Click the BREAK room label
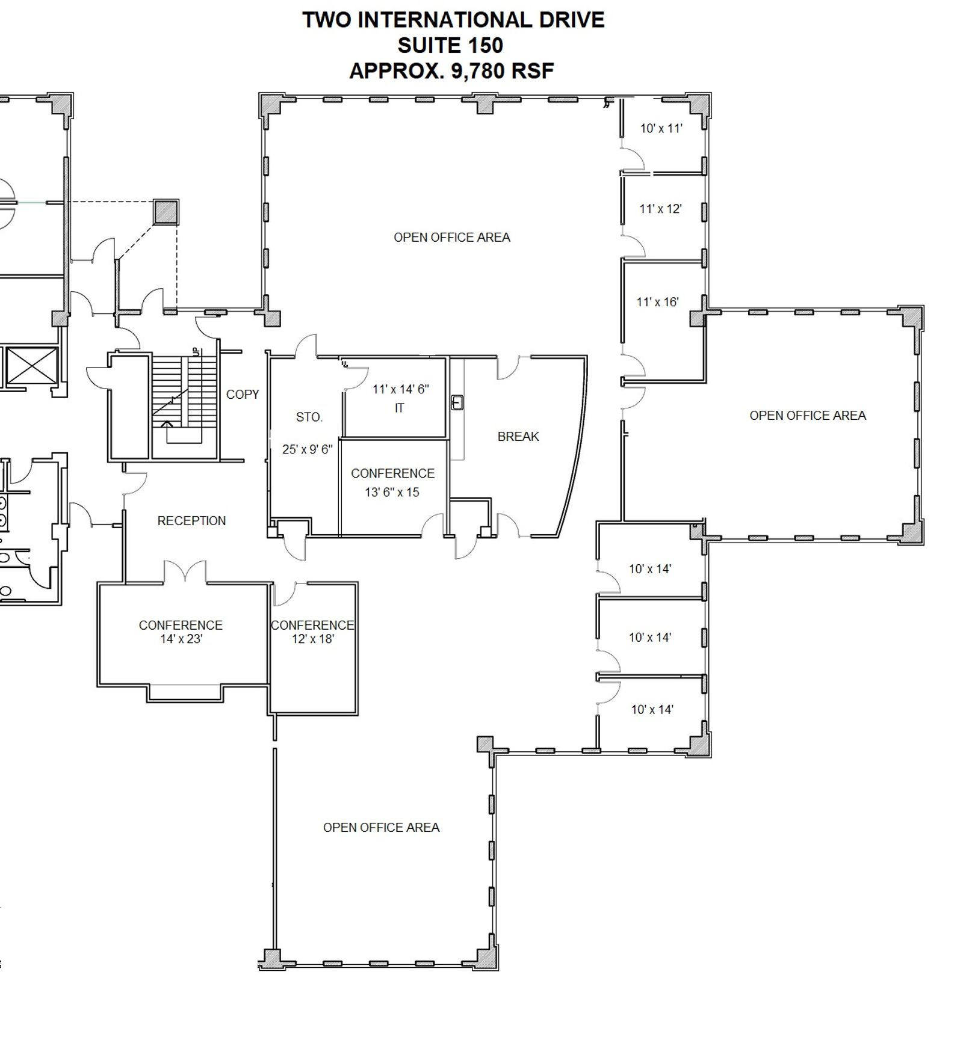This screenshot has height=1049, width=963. [518, 437]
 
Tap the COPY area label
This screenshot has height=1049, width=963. [243, 395]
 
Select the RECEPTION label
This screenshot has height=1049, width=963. [191, 521]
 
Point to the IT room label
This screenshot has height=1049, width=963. [399, 408]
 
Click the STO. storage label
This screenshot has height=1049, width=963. [309, 417]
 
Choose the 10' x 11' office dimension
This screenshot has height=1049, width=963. [661, 128]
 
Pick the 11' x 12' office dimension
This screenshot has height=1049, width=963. [660, 209]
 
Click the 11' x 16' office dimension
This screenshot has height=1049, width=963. [658, 303]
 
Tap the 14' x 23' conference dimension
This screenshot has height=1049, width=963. [181, 639]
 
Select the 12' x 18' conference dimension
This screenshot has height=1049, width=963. [313, 639]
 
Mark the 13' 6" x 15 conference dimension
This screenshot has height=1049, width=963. [392, 493]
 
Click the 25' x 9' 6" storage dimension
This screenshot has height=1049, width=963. [308, 449]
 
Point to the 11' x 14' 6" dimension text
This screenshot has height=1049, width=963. [401, 389]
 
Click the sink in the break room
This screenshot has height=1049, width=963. [457, 402]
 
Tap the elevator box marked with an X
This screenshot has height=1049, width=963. [31, 366]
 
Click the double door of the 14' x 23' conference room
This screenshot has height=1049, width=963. [185, 571]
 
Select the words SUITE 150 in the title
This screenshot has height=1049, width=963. [450, 46]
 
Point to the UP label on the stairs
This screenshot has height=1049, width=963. [195, 352]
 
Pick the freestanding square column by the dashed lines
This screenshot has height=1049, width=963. [166, 212]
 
